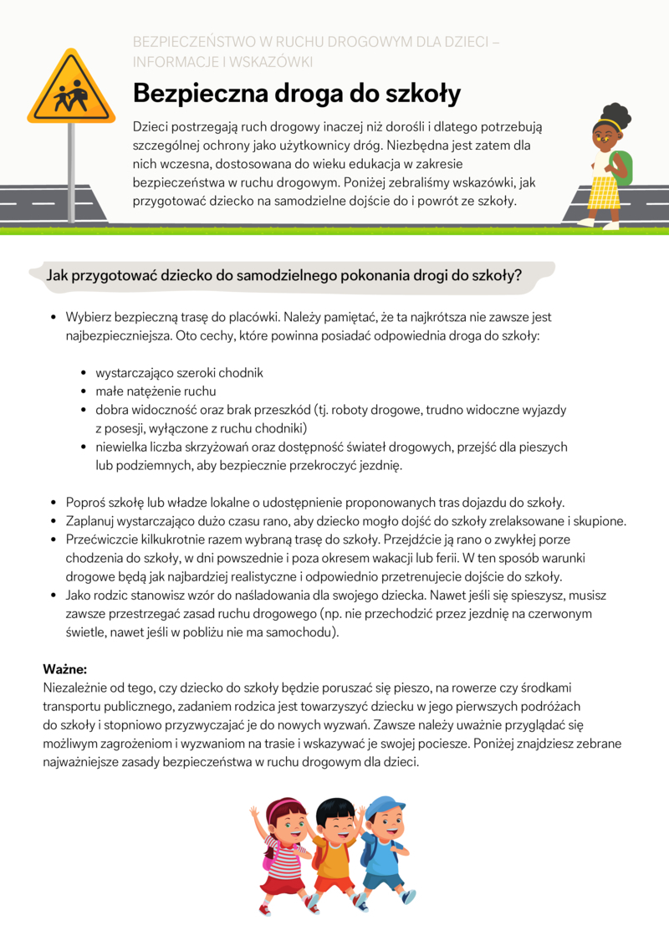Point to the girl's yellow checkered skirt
point(603,192)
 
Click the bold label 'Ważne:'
point(65,669)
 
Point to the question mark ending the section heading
point(518,275)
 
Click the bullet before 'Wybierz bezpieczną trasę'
point(54,318)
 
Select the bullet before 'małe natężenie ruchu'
point(84,391)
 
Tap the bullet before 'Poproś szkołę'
point(54,503)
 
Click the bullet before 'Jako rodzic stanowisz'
point(54,596)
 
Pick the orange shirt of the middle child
point(334,853)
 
